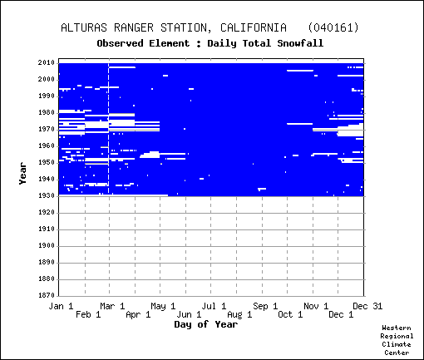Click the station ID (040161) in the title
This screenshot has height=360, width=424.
[333, 27]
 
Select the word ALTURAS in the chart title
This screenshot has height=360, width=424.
[84, 27]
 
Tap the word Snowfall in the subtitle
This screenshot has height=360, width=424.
[300, 43]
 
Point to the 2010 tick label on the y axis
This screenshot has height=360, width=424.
[47, 63]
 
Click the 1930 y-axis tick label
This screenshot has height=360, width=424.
[47, 196]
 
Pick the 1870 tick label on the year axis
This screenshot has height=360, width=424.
[47, 295]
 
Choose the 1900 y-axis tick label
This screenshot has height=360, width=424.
[47, 246]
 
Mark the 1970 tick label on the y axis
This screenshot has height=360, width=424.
[47, 130]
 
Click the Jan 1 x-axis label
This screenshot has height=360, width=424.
[61, 306]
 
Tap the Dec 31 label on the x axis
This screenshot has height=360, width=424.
[367, 306]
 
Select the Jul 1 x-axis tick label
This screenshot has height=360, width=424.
[214, 306]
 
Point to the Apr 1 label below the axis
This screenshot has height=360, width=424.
[138, 315]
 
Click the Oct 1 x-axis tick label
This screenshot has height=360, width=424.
[290, 315]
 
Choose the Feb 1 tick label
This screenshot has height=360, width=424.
[88, 315]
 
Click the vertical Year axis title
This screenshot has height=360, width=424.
[22, 174]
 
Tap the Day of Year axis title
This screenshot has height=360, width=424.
[206, 324]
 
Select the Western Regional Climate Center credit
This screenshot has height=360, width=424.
[397, 340]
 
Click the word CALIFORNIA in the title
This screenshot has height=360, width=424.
[254, 27]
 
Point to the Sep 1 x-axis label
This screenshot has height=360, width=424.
[265, 306]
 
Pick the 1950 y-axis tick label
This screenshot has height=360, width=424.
[47, 163]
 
